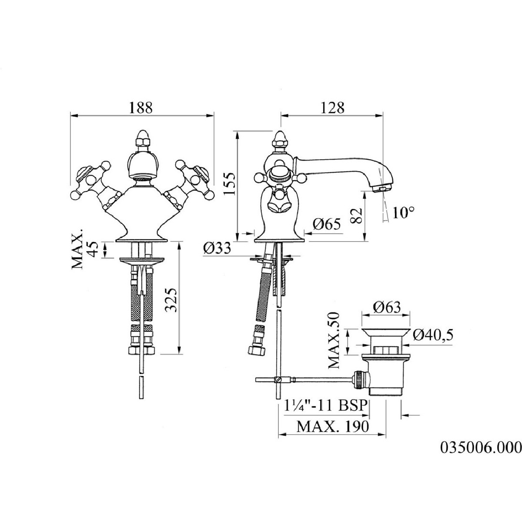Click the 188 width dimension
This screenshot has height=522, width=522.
pyautogui.click(x=141, y=107)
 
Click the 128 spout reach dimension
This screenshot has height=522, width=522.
pyautogui.click(x=332, y=107)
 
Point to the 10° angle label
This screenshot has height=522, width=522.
pyautogui.click(x=403, y=212)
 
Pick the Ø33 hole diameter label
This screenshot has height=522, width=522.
pyautogui.click(x=217, y=248)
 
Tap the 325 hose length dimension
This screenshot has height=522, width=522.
pyautogui.click(x=171, y=300)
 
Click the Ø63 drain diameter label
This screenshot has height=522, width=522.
pyautogui.click(x=387, y=308)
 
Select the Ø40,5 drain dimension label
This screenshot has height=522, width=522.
pyautogui.click(x=433, y=335)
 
